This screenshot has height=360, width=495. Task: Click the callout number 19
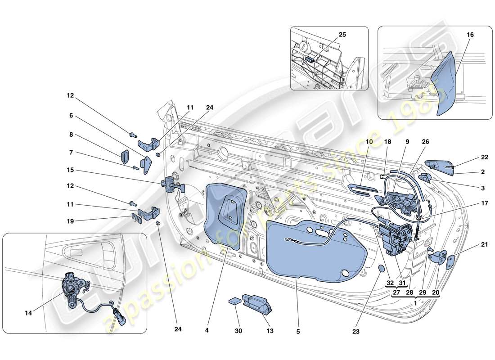71,221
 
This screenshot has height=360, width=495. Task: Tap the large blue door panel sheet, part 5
310,252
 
